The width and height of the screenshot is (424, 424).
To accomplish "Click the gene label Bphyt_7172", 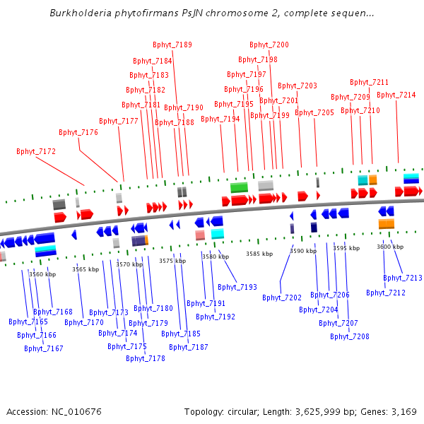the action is (x=36, y=151).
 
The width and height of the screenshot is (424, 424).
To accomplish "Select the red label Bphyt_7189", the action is (x=172, y=45).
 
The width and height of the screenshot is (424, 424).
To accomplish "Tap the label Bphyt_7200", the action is (x=269, y=45).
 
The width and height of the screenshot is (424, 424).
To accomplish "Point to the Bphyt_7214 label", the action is (x=396, y=95).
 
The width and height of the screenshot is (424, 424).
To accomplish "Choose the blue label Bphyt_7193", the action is (x=237, y=287).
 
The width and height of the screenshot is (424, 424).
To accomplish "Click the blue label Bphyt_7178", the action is (x=146, y=358).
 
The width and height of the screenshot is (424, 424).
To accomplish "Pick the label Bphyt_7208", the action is (x=350, y=336).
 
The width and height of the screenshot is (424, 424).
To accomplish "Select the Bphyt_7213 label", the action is (x=403, y=278).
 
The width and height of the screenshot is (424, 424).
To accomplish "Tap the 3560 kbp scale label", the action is (x=42, y=274).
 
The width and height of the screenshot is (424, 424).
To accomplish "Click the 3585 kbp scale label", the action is (x=259, y=254).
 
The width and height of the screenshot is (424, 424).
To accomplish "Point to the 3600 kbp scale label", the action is (x=390, y=247).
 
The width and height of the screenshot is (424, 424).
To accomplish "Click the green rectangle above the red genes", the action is (x=239, y=187).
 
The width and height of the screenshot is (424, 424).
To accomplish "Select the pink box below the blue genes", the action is (x=200, y=235).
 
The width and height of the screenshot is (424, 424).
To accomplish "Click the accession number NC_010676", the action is (x=76, y=412).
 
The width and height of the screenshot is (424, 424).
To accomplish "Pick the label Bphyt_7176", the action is (x=78, y=133).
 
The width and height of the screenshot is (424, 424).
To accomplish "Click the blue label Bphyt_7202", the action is (x=282, y=298).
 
